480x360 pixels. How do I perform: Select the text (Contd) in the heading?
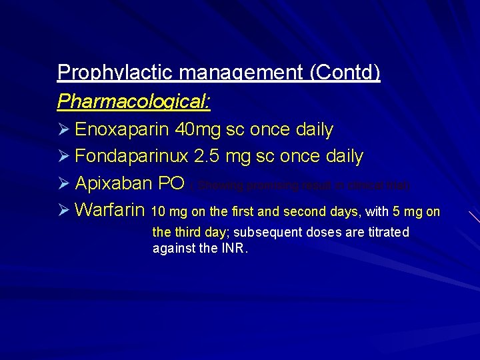[345, 72]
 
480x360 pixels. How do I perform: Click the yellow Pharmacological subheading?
[134, 101]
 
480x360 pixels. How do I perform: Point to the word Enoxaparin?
[123, 129]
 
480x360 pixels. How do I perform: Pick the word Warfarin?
[110, 211]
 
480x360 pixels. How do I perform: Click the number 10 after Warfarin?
[159, 212]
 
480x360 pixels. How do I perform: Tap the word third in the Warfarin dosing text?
[190, 232]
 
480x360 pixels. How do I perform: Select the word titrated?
[387, 232]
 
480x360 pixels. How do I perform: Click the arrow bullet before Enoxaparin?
[63, 129]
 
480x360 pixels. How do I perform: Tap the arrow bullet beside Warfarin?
[63, 211]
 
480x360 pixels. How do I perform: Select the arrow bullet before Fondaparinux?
[63, 157]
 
